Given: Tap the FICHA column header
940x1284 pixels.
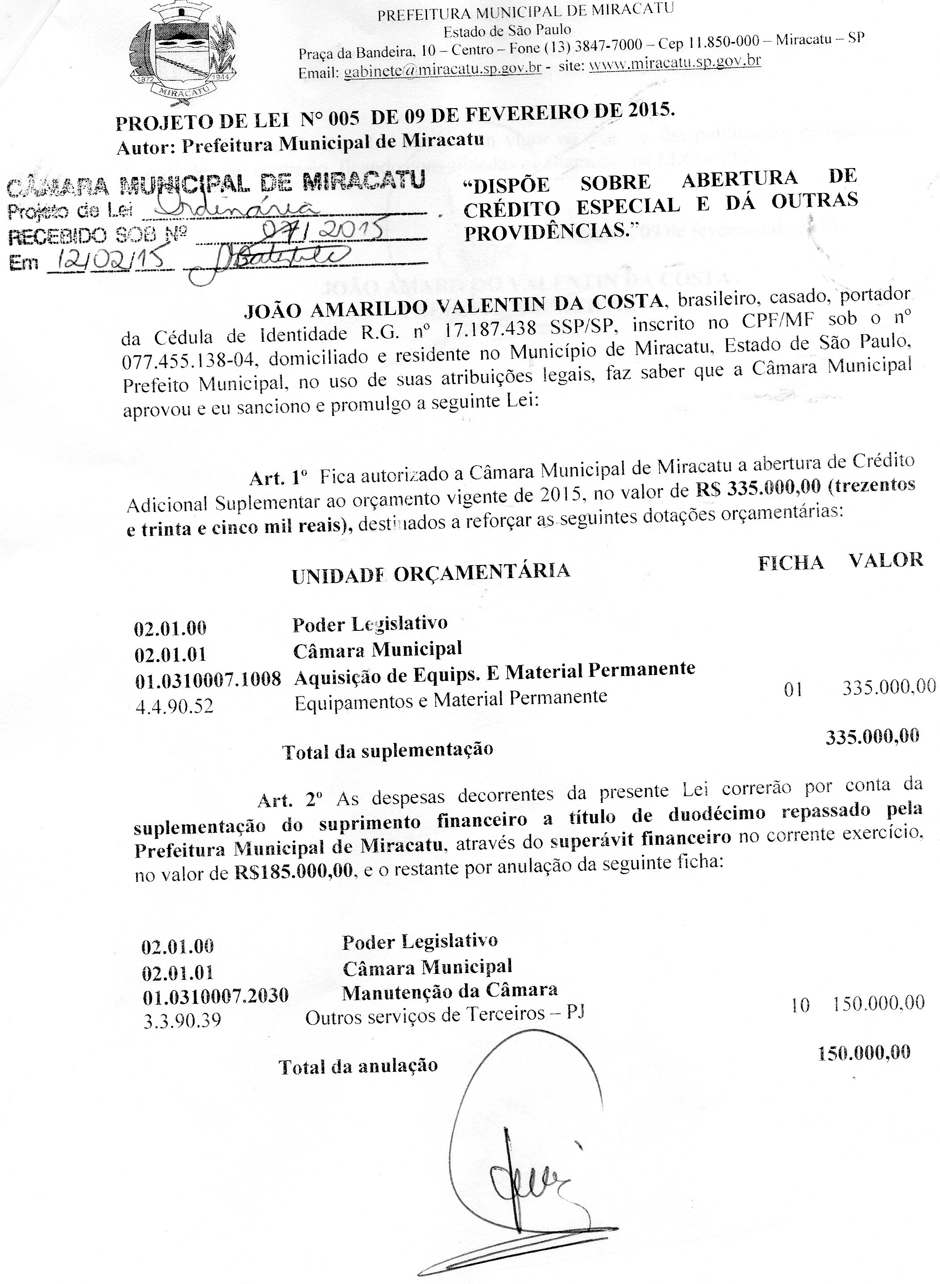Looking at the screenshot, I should click(x=790, y=562).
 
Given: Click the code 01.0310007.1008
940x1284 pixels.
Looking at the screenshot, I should click(x=208, y=679).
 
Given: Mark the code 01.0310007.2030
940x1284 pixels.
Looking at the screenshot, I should click(x=215, y=995).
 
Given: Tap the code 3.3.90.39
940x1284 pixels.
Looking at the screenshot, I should click(x=182, y=1021).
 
